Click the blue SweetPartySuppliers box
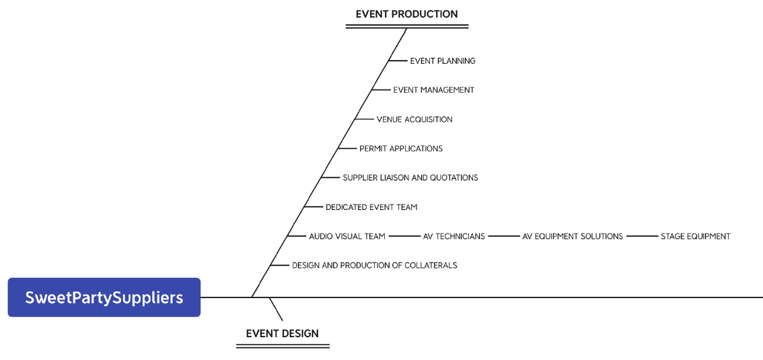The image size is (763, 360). pyautogui.click(x=104, y=297)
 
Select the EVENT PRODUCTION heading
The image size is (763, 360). pyautogui.click(x=406, y=14)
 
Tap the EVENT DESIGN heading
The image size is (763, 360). pyautogui.click(x=282, y=333)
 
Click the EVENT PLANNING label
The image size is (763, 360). pyautogui.click(x=443, y=61)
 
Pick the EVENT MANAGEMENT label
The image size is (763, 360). pyautogui.click(x=433, y=90)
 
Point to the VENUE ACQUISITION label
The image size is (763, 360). pyautogui.click(x=414, y=120)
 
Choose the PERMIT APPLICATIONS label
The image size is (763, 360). pyautogui.click(x=401, y=149)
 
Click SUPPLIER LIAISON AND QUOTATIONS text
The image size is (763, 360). pyautogui.click(x=410, y=178)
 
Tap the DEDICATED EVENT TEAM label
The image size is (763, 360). pyautogui.click(x=371, y=207)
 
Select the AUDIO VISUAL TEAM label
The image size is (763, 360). pyautogui.click(x=347, y=236)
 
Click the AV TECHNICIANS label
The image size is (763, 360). pyautogui.click(x=453, y=236)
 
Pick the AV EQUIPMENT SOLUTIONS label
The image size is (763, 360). pyautogui.click(x=573, y=236)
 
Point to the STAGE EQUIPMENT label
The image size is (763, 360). pyautogui.click(x=695, y=236)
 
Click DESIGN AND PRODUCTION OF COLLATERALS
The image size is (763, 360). pyautogui.click(x=374, y=265)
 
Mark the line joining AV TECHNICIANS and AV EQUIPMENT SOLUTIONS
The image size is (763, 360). pyautogui.click(x=504, y=236)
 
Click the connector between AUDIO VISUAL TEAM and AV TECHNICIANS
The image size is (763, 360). pyautogui.click(x=404, y=236)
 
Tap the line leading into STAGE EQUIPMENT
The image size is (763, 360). pyautogui.click(x=642, y=236)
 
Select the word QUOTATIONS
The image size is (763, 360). pyautogui.click(x=453, y=178)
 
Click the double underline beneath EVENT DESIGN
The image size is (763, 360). pyautogui.click(x=283, y=346)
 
